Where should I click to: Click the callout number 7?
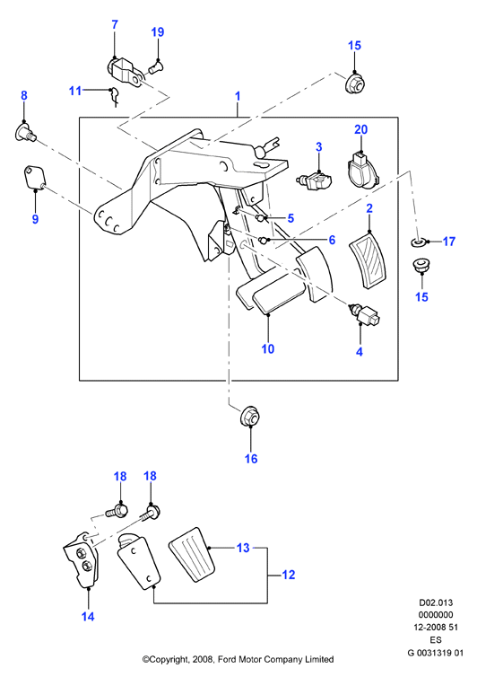click(115, 25)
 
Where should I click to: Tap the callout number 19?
click(158, 32)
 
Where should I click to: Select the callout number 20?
click(361, 129)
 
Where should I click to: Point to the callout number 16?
click(251, 459)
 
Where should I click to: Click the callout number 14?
click(88, 617)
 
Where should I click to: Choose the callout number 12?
click(289, 575)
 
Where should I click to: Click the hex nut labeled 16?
click(250, 417)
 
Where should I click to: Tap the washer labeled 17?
click(418, 242)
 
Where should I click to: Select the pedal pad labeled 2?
click(367, 259)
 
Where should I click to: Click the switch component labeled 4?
click(364, 314)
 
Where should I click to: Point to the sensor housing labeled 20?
click(362, 171)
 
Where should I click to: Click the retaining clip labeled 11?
click(114, 96)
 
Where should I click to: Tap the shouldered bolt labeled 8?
click(26, 131)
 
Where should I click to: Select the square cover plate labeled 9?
click(34, 178)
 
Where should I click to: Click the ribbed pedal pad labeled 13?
click(193, 554)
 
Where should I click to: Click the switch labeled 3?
click(315, 180)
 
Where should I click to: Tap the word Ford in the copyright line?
click(227, 659)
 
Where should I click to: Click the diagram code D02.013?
click(436, 602)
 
